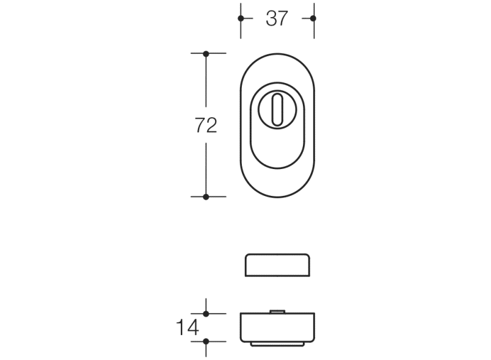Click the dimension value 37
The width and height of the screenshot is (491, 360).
(x=277, y=18)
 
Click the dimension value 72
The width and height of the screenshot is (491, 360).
(x=206, y=125)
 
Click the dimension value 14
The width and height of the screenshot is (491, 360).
(x=187, y=327)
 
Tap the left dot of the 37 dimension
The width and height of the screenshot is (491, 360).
(x=241, y=18)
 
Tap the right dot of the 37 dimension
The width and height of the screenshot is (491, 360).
(x=313, y=18)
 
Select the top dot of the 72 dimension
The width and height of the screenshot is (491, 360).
(x=206, y=54)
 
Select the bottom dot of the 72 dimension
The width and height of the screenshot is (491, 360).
(x=206, y=196)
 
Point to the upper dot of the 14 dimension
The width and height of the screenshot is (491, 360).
(x=206, y=314)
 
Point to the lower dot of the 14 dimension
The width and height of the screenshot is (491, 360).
(x=206, y=341)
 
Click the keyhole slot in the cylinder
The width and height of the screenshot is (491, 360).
(x=277, y=109)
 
